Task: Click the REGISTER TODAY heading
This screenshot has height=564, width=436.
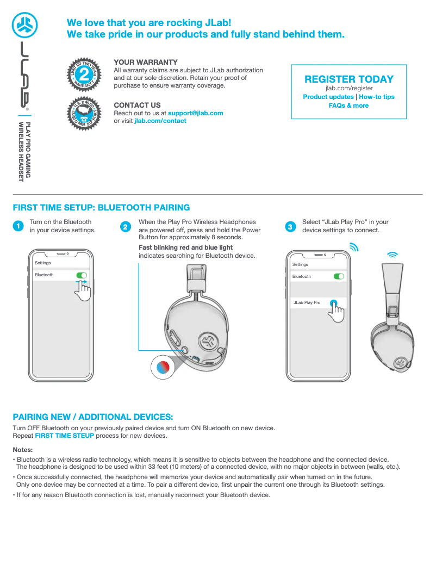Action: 348,79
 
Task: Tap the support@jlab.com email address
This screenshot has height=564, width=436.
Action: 195,113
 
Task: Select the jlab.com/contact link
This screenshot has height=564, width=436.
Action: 160,121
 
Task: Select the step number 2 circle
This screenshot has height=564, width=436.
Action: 126,227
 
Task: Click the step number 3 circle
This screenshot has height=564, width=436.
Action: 290,226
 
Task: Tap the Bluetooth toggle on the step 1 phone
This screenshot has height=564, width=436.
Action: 82,275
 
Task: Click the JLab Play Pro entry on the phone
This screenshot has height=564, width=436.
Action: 307,302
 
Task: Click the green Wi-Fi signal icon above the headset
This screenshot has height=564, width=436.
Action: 393,255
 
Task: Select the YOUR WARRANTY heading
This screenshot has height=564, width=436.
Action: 145,62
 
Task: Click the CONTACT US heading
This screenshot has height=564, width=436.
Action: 137,105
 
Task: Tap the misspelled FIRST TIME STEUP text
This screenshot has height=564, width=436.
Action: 64,436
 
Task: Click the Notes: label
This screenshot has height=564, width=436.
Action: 23,450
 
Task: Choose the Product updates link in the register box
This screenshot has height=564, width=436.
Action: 328,97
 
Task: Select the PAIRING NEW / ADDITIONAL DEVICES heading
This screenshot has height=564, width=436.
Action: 93,417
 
